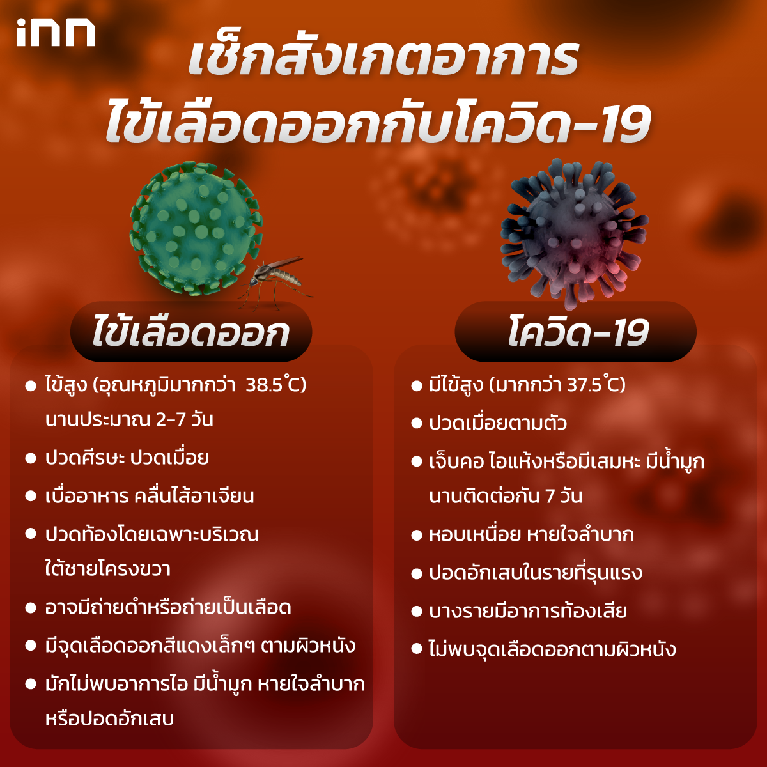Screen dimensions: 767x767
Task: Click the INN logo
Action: pyautogui.click(x=56, y=33)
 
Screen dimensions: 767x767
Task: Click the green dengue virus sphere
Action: pyautogui.click(x=192, y=227)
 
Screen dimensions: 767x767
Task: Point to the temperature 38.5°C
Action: pyautogui.click(x=275, y=385)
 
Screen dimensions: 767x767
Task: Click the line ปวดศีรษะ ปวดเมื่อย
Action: pyautogui.click(x=127, y=458)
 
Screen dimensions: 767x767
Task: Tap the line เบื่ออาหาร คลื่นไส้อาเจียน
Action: pyautogui.click(x=150, y=497)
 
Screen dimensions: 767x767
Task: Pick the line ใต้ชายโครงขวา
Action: pyautogui.click(x=107, y=569)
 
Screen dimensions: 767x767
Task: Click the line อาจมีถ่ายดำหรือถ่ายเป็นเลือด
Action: pyautogui.click(x=168, y=607)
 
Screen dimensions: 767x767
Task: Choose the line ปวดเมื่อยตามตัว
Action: pyautogui.click(x=498, y=423)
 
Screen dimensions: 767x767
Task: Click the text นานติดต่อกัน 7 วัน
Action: pyautogui.click(x=506, y=497)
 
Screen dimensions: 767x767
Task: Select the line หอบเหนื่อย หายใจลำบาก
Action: pyautogui.click(x=531, y=534)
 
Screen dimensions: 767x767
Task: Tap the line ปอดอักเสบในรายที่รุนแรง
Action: pyautogui.click(x=536, y=573)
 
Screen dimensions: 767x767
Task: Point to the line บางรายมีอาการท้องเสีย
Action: pyautogui.click(x=528, y=611)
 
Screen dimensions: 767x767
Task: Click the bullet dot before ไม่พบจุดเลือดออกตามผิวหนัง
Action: pyautogui.click(x=417, y=650)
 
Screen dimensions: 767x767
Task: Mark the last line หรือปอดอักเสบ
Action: pyautogui.click(x=109, y=718)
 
